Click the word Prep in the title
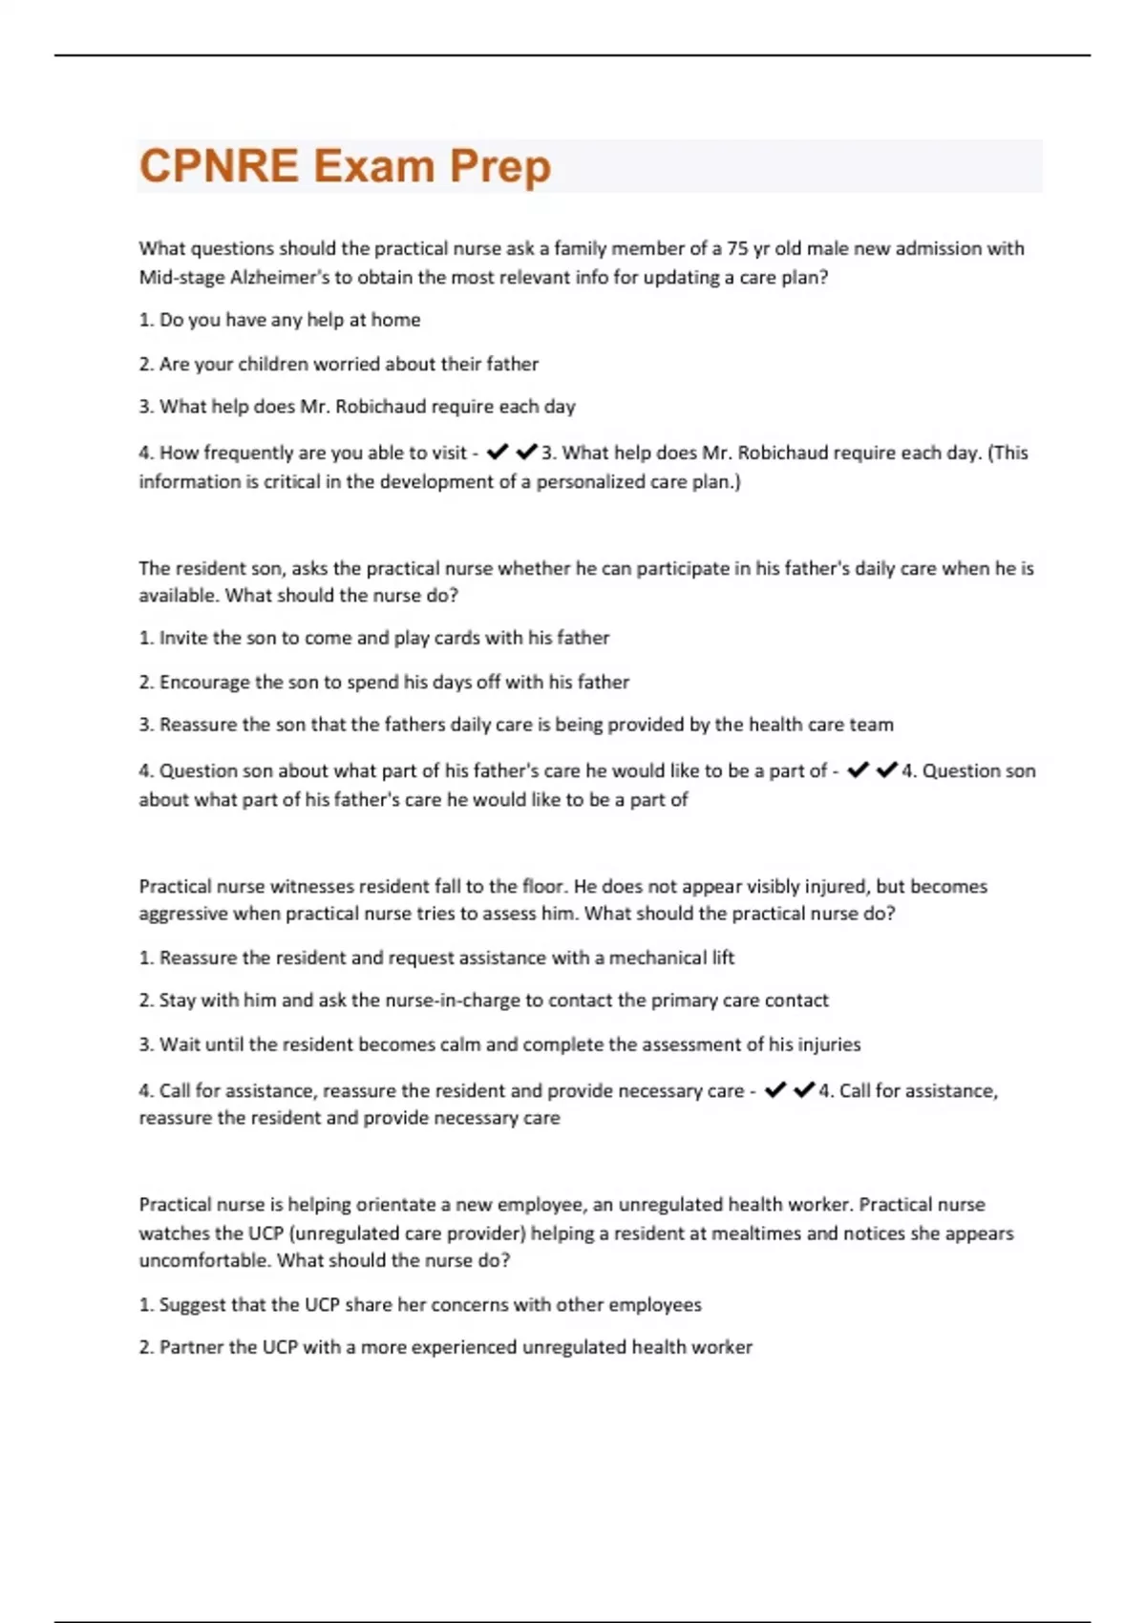point(499,166)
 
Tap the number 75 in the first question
point(737,248)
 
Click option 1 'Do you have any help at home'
point(280,320)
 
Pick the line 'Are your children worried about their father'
point(339,364)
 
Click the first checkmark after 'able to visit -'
point(497,452)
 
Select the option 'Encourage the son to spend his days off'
point(384,682)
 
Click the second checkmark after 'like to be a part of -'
point(886,769)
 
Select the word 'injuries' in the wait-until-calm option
point(828,1044)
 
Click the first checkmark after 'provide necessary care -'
point(775,1089)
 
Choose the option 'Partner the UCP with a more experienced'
point(446,1347)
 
